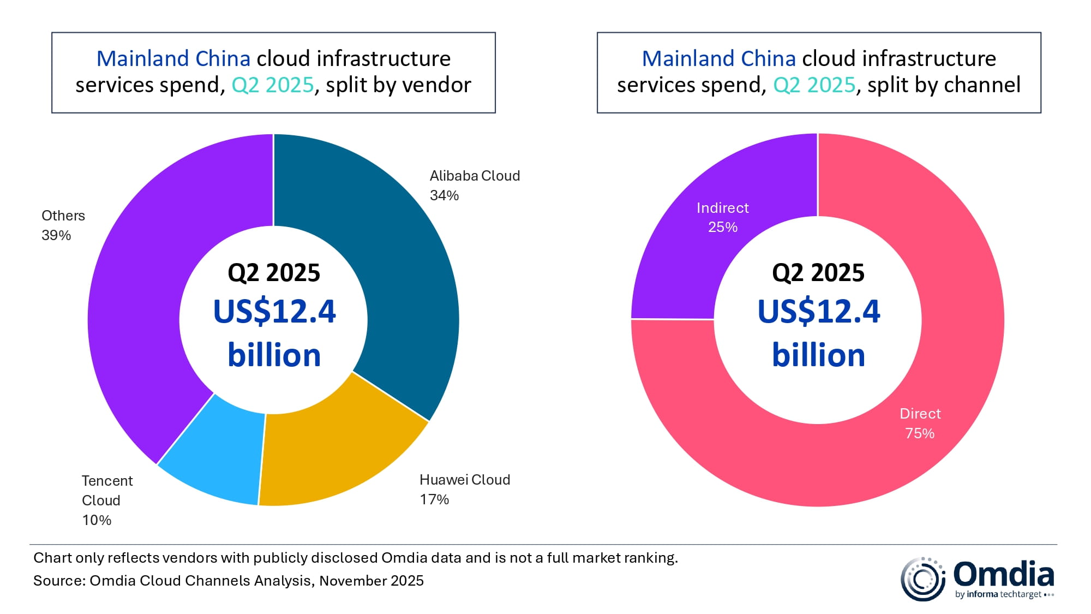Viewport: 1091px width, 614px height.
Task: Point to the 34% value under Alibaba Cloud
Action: click(x=444, y=195)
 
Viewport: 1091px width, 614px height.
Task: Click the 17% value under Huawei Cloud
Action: click(x=434, y=499)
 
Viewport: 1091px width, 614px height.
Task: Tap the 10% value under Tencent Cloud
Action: click(x=97, y=520)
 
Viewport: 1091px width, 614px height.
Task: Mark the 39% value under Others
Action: click(x=56, y=235)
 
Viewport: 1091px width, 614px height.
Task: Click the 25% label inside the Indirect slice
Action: click(x=723, y=227)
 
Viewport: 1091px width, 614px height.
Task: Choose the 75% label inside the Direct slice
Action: click(x=920, y=433)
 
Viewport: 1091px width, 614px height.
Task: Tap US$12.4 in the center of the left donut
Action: click(x=274, y=312)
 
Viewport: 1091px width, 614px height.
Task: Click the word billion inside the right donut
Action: click(x=818, y=355)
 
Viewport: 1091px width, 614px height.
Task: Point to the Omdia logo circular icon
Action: click(x=922, y=579)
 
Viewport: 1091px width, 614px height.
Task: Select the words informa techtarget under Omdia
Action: click(x=1004, y=594)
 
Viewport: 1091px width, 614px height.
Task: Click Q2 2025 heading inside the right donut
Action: click(x=818, y=272)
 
